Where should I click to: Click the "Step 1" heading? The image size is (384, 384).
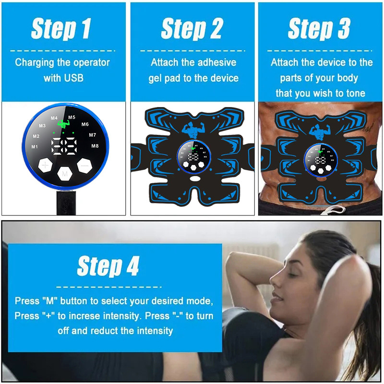(x=61, y=29)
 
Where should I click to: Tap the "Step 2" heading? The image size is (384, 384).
(x=192, y=29)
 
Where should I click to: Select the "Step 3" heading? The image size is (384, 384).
(x=319, y=29)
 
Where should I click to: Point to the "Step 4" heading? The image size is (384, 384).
(x=108, y=266)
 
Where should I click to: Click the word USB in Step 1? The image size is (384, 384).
(x=73, y=78)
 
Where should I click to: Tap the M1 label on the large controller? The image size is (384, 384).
(x=35, y=147)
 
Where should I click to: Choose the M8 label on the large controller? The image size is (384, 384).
(x=95, y=146)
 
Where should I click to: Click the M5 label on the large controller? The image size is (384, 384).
(x=72, y=117)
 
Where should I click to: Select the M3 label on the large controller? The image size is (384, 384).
(x=42, y=126)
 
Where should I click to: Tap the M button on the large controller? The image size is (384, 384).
(x=65, y=174)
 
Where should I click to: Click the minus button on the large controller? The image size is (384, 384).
(x=84, y=166)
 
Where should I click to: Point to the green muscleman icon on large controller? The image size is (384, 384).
(x=63, y=124)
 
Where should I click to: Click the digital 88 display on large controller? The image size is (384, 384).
(x=64, y=146)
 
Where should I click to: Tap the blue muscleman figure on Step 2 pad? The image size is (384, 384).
(x=193, y=130)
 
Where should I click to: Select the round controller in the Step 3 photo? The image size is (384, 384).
(x=321, y=160)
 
